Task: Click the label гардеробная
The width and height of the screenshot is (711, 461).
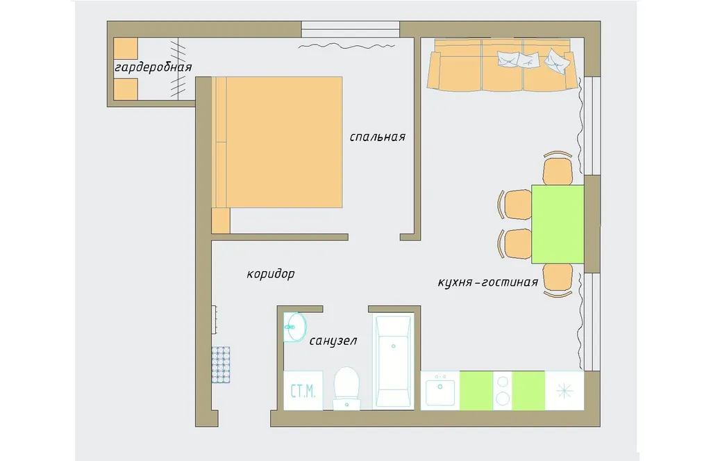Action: coord(153,67)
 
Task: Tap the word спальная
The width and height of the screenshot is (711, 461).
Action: coord(377,137)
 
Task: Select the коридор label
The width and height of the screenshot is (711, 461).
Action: coord(271,275)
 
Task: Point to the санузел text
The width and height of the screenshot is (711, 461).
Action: coord(333,341)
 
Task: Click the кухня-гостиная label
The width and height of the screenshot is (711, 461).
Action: coord(488,282)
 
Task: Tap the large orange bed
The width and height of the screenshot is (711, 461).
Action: coord(277,142)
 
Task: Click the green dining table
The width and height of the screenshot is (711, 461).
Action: coord(558,224)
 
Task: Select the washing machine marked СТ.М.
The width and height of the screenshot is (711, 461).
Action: coord(303,391)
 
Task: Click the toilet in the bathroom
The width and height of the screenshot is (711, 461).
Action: coord(347,388)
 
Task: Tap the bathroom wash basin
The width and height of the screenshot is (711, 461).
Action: coord(294,327)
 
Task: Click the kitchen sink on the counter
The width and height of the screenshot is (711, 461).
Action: coord(440,391)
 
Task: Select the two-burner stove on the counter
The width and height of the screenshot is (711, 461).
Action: coord(503,391)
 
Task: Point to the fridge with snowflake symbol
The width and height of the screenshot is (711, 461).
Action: coord(564,391)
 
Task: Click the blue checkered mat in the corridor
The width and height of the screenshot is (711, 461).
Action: coord(221,365)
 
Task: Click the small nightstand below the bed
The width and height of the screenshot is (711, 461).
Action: coord(221,220)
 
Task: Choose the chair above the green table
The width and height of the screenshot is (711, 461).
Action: coord(558,168)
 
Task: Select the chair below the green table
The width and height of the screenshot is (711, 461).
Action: coord(558,280)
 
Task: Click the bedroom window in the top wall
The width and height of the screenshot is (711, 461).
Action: coord(351,29)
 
